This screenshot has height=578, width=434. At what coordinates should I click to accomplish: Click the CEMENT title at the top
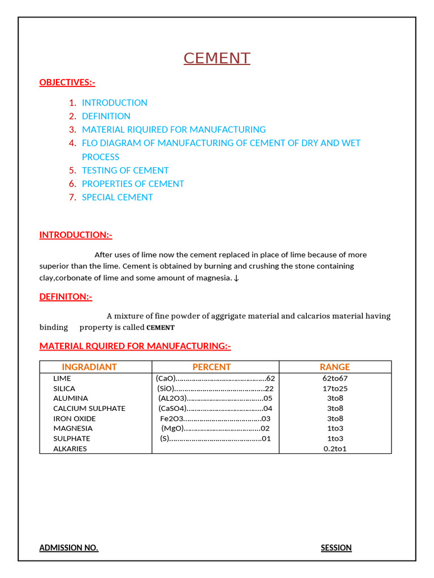[x=217, y=58]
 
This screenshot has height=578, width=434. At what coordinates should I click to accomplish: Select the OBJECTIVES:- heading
[x=67, y=82]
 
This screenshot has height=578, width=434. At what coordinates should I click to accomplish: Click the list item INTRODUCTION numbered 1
[x=114, y=103]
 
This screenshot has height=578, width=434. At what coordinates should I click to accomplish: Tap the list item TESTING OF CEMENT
[x=125, y=170]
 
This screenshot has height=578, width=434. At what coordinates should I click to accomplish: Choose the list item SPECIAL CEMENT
[x=117, y=198]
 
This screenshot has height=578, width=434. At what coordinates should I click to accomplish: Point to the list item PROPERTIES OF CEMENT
[x=133, y=184]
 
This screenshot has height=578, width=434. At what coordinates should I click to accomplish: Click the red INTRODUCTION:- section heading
[x=76, y=235]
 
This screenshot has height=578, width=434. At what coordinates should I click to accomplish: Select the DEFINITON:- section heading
[x=66, y=296]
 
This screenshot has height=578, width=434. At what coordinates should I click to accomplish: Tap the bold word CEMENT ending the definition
[x=160, y=328]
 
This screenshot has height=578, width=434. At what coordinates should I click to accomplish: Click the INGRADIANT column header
[x=89, y=367]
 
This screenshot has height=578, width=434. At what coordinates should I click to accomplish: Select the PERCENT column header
[x=211, y=367]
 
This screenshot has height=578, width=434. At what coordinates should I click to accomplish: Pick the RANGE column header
[x=335, y=367]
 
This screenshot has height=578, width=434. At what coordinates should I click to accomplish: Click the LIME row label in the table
[x=62, y=378]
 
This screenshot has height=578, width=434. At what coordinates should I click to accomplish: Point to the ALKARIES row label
[x=70, y=449]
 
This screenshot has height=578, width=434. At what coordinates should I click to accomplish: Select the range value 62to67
[x=335, y=378]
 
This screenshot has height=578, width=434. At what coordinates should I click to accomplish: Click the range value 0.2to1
[x=335, y=449]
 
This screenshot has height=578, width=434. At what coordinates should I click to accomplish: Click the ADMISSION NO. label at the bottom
[x=69, y=548]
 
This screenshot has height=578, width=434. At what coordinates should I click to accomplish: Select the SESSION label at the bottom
[x=336, y=548]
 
